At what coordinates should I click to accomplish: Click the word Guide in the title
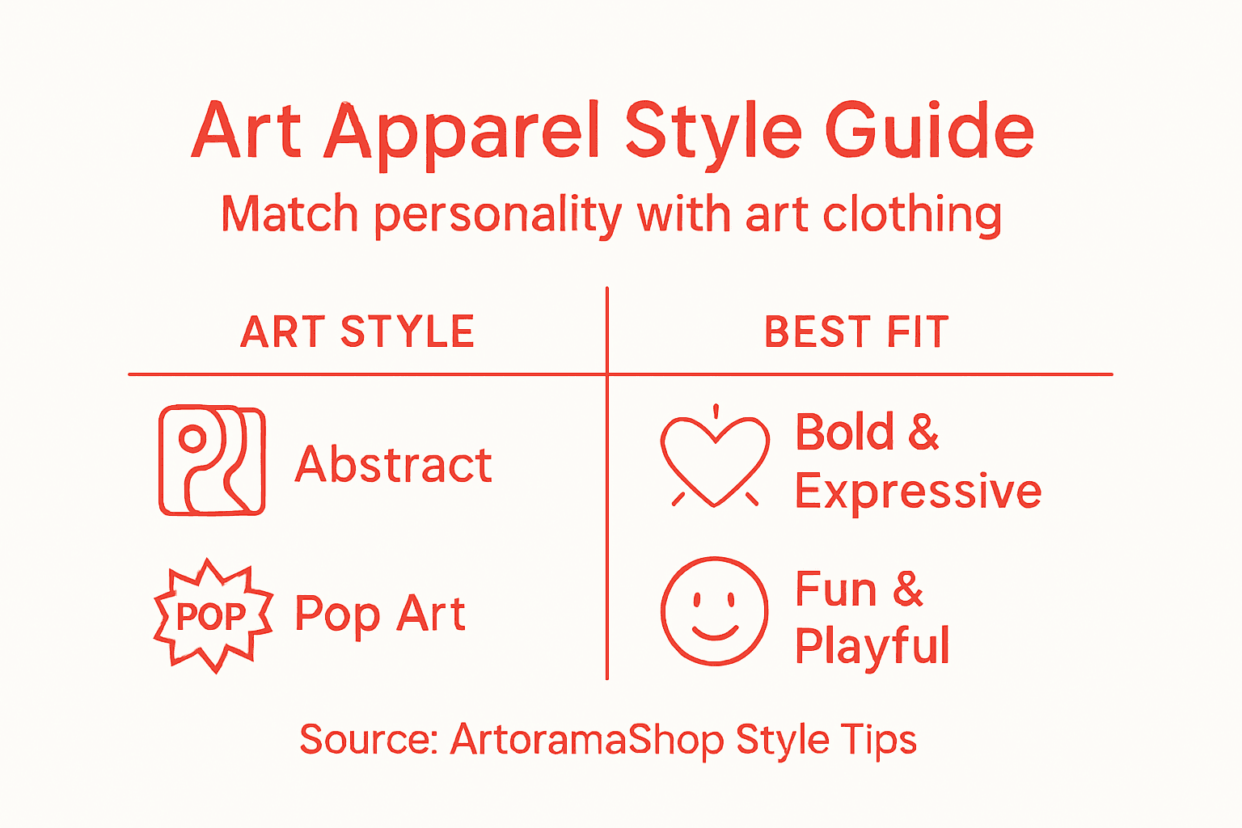930,131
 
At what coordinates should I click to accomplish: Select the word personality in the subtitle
498,216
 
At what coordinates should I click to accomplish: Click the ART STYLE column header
357,332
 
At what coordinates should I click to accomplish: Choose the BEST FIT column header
856,332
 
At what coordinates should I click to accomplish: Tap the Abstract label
394,465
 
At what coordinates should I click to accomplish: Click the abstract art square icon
212,461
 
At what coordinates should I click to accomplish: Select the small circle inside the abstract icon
192,439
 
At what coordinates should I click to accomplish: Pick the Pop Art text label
380,615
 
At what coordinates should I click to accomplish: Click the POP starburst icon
213,616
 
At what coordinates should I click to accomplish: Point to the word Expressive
918,491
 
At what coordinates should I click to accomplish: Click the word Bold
845,432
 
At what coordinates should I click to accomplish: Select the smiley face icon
715,610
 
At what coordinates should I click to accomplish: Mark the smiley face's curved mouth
715,632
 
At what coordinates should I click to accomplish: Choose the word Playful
872,646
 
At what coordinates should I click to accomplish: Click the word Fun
836,589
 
